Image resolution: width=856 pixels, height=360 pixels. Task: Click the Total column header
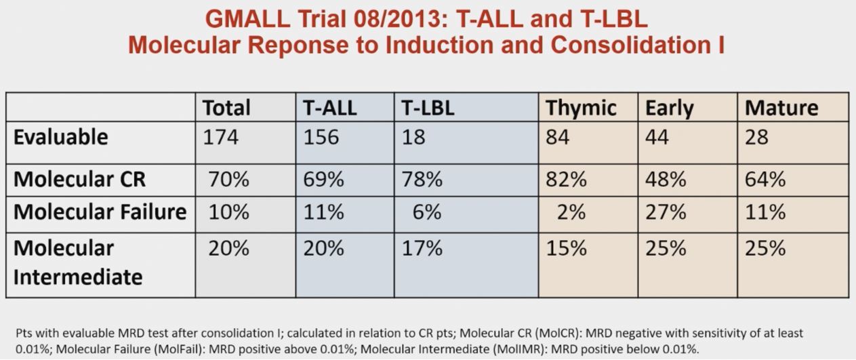226,108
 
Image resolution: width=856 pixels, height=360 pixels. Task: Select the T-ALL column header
330,108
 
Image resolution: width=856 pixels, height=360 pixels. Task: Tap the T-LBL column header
428,108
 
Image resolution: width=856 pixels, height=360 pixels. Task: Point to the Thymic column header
581,108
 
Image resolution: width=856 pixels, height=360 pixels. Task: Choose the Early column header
669,109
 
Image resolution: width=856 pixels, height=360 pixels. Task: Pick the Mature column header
781,108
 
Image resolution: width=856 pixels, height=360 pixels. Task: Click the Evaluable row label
61,137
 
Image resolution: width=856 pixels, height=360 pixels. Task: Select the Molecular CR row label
79,179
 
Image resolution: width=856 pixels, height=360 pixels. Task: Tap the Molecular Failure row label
100,212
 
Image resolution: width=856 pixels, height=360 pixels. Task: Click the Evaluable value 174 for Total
221,137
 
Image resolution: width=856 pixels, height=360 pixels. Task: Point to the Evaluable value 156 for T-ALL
321,137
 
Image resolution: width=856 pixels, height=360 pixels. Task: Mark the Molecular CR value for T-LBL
422,179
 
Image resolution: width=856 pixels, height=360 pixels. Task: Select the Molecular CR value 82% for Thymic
566,179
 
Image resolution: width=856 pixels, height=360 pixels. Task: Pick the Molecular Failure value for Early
666,212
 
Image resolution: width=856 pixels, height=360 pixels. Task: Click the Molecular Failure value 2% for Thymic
571,212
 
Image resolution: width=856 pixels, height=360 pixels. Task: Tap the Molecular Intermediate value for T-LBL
422,248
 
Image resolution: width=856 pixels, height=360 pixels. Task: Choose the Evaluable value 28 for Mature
756,137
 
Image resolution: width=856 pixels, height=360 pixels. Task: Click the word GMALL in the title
247,19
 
